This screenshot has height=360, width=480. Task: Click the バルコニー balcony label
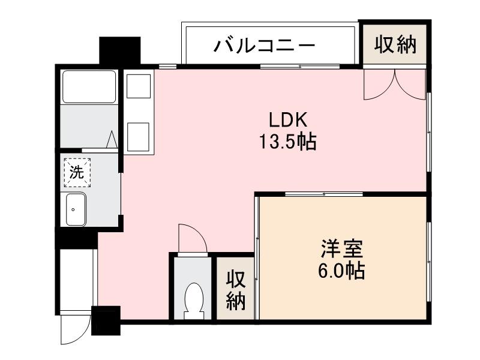(265, 46)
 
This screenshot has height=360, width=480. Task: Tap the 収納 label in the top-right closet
(395, 45)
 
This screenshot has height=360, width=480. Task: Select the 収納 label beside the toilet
(236, 290)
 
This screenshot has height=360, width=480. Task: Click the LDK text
(288, 120)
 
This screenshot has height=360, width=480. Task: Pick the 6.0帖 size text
(341, 271)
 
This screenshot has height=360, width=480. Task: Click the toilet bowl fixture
(193, 298)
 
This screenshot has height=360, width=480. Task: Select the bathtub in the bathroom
(89, 88)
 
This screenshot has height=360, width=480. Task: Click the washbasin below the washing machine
(76, 209)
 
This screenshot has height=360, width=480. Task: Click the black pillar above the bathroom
(119, 52)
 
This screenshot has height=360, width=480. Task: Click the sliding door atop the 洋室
(324, 194)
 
